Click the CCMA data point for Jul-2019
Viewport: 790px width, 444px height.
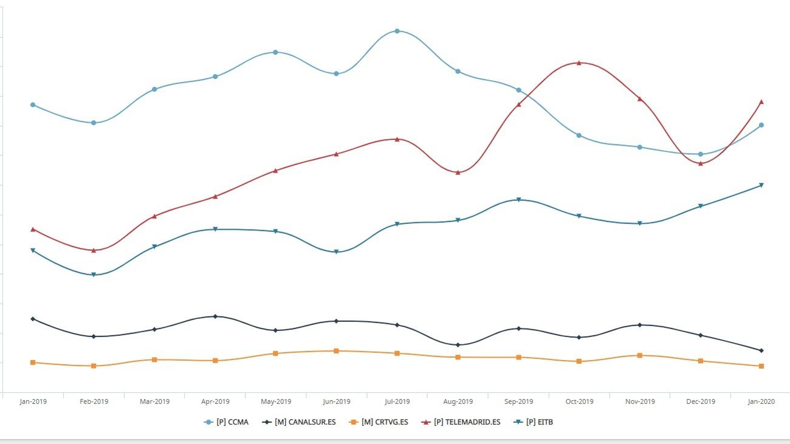click(397, 31)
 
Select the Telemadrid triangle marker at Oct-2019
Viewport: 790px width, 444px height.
click(579, 63)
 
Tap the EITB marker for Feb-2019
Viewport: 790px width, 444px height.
click(94, 275)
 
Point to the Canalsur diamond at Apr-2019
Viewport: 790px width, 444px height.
click(215, 316)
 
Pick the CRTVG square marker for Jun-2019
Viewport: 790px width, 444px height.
click(336, 351)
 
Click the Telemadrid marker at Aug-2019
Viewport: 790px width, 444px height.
click(458, 172)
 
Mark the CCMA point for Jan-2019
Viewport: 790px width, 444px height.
click(33, 105)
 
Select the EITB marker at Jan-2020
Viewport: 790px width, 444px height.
click(761, 185)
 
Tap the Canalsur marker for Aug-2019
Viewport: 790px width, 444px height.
click(458, 345)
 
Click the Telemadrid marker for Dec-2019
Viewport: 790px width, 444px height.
click(701, 163)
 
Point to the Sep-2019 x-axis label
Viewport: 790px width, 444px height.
click(518, 401)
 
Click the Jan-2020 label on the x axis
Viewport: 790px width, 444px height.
click(761, 401)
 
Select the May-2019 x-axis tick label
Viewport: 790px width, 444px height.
click(276, 401)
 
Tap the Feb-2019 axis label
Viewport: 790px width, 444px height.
click(94, 401)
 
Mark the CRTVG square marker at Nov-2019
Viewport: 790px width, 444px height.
click(640, 355)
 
